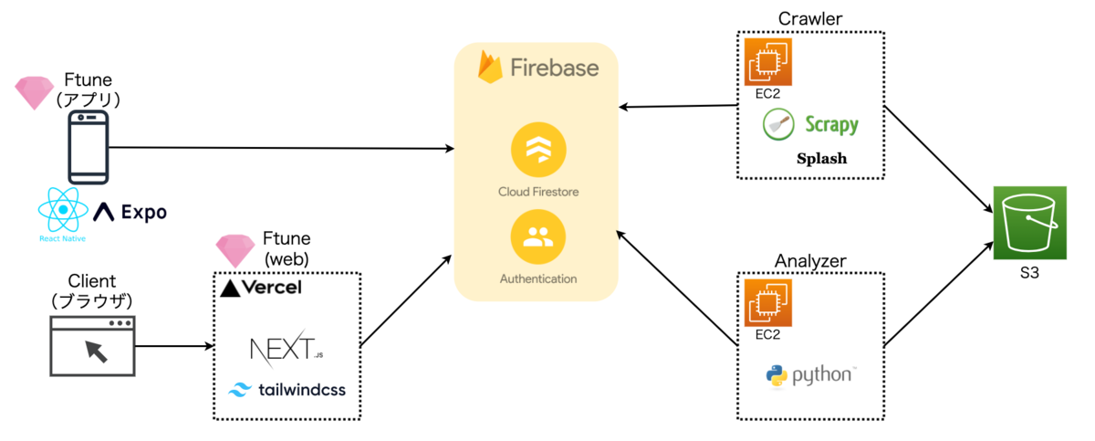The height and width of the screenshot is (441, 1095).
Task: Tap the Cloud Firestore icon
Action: (x=538, y=152)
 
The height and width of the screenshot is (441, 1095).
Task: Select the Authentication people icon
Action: (x=538, y=236)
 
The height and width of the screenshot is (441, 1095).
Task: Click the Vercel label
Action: (x=262, y=289)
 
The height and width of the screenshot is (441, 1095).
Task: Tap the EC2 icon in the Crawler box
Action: (x=769, y=61)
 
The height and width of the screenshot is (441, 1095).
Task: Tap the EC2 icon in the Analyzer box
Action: (x=769, y=302)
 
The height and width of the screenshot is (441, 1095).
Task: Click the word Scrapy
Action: (x=831, y=124)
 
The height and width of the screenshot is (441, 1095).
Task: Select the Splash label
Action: (x=821, y=158)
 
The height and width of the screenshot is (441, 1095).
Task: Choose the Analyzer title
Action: (x=809, y=260)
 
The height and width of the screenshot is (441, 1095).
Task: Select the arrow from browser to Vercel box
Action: (x=173, y=347)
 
